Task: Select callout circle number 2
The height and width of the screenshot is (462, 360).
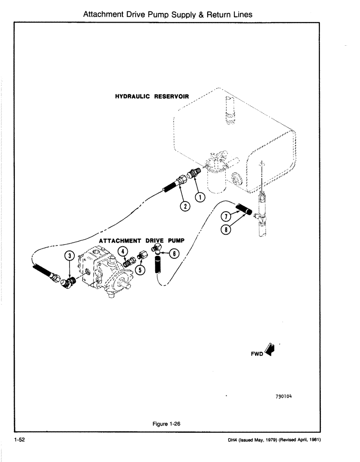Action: click(x=184, y=206)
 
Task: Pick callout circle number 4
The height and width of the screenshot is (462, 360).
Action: click(x=122, y=252)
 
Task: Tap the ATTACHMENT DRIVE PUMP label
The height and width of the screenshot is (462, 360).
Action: click(x=142, y=241)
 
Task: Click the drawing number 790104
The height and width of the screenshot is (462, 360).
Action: click(x=284, y=396)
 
